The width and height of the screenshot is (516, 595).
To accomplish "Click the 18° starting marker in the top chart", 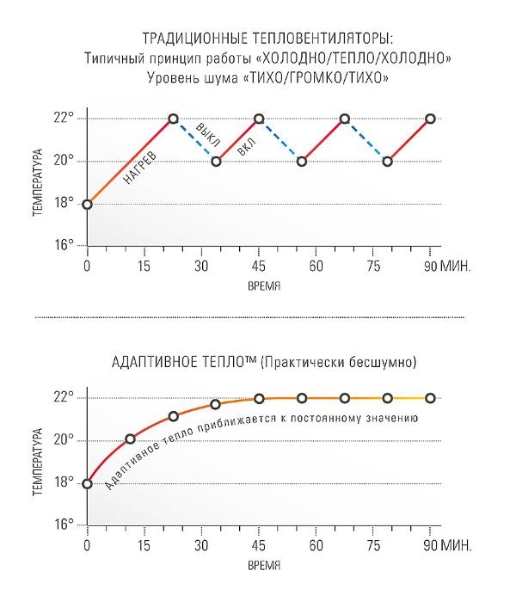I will [x=87, y=204].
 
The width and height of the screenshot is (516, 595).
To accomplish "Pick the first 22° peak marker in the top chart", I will [x=173, y=118].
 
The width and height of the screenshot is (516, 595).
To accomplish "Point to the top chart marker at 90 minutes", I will [x=430, y=118].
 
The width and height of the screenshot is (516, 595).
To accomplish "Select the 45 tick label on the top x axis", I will [x=258, y=266].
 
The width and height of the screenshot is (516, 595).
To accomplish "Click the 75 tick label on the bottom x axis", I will [x=373, y=545].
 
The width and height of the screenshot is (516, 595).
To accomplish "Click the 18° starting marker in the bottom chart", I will [x=87, y=483].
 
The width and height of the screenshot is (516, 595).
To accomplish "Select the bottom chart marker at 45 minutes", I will [x=258, y=398].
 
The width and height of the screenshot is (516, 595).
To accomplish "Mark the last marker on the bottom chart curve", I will [x=430, y=398].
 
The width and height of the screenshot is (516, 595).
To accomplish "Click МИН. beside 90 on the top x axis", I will [x=456, y=266].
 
